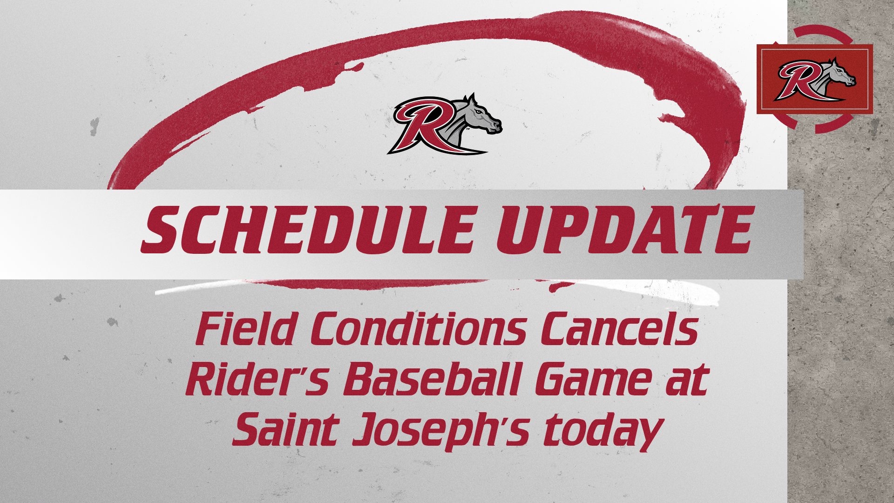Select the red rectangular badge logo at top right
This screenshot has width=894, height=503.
(x=814, y=79)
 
